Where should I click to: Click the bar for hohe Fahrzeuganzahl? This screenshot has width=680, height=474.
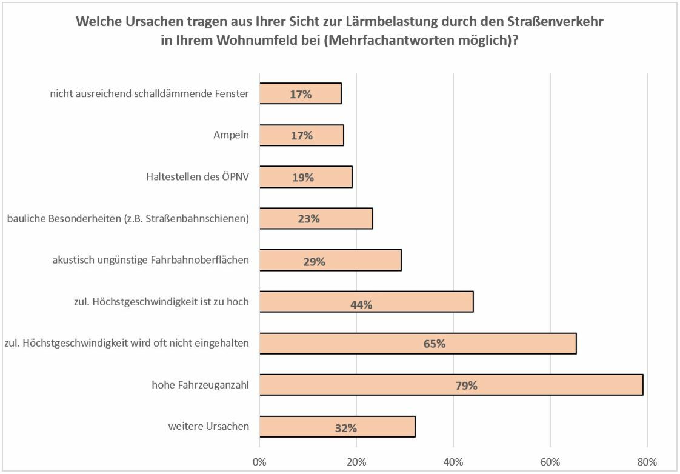(451, 385)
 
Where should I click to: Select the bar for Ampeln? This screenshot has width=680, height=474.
(301, 135)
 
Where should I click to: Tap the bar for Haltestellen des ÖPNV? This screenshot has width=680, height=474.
(305, 177)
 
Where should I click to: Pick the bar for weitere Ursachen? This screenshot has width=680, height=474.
(337, 427)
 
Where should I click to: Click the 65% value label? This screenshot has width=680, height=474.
(435, 344)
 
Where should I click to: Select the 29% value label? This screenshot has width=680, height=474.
(315, 262)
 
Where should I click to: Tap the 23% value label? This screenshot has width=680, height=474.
(308, 219)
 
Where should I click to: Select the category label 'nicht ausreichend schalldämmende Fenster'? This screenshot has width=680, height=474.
(149, 94)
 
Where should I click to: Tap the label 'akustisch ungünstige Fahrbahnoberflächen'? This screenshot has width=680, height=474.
(151, 261)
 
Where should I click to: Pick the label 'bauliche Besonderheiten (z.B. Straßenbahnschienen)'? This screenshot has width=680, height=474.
(127, 218)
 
